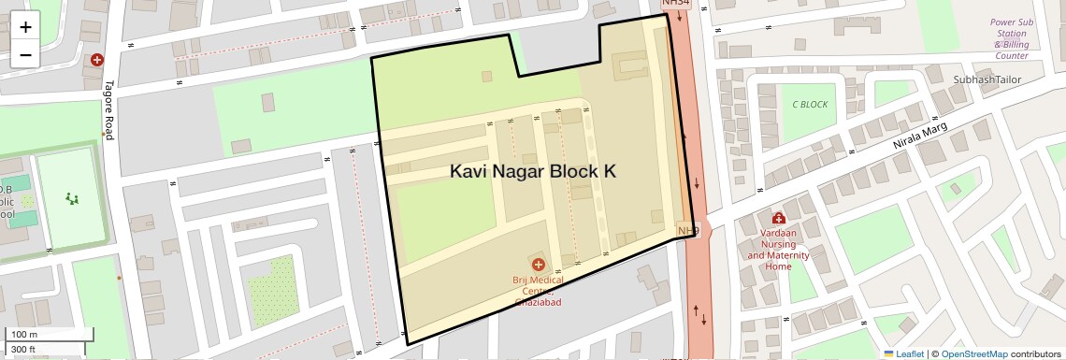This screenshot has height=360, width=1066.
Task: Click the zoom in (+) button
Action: (25, 27)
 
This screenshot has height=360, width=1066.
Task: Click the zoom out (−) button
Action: (25, 55)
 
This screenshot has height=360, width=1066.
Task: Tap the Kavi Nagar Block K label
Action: (533, 172)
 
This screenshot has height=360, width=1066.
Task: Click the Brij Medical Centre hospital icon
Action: (538, 265)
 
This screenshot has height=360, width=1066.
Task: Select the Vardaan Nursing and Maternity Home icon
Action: (778, 218)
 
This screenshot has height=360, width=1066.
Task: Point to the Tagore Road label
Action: (108, 109)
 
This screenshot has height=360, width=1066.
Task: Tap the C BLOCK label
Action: (810, 105)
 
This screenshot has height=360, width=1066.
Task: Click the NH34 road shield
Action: (675, 4)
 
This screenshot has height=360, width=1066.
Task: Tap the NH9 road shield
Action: (687, 230)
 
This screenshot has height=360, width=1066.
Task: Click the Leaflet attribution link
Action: (903, 353)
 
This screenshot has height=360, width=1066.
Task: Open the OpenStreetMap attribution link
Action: (973, 353)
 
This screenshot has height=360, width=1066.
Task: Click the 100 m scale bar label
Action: (23, 335)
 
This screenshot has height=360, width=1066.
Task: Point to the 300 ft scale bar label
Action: (23, 350)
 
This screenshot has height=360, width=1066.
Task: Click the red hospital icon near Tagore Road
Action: (96, 60)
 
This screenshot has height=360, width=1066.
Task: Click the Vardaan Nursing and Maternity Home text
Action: (778, 248)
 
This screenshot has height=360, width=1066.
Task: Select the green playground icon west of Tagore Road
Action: (71, 198)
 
